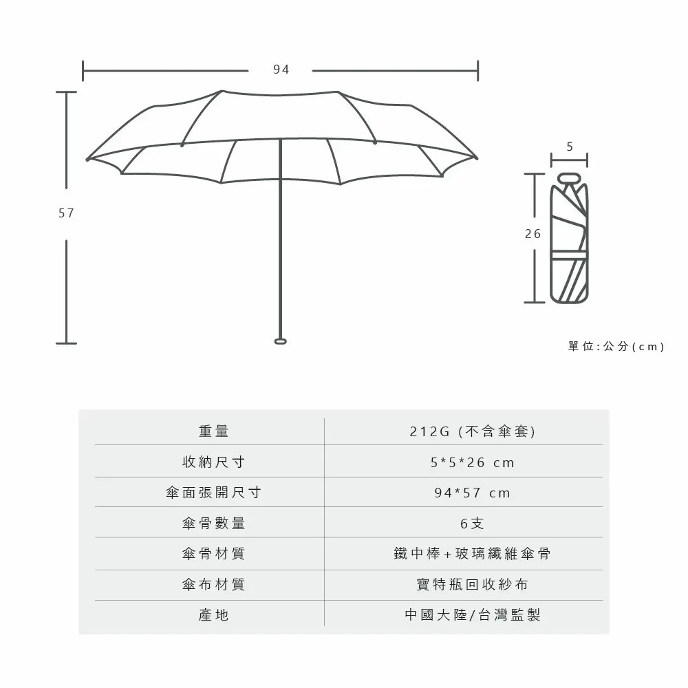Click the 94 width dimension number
(281, 69)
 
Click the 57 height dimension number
(66, 213)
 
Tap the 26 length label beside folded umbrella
(533, 234)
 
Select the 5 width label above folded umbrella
(570, 147)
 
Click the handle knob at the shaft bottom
(281, 341)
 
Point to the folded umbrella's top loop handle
(569, 178)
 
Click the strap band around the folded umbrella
(569, 255)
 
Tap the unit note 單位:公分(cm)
(616, 346)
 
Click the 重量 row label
(214, 431)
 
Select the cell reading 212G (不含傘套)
(472, 431)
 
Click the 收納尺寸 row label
(214, 462)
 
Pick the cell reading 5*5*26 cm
(472, 462)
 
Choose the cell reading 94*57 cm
(472, 493)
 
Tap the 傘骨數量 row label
(214, 523)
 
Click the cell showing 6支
(472, 523)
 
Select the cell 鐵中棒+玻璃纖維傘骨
(472, 554)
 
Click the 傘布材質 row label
(214, 584)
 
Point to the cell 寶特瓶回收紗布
(472, 584)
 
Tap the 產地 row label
(214, 614)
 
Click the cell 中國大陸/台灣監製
(472, 614)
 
